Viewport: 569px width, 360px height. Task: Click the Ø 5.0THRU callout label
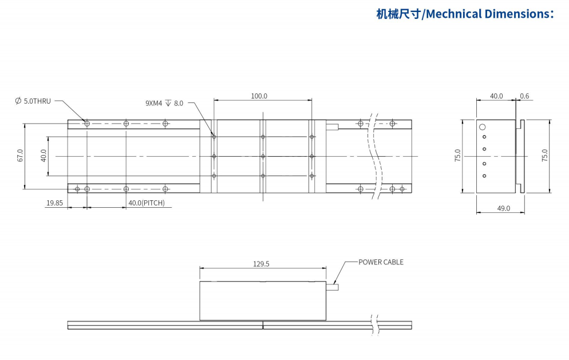point(33,101)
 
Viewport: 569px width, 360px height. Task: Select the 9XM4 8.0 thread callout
point(164,103)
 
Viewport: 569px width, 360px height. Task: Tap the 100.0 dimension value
point(259,96)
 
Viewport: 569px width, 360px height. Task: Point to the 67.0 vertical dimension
point(20,156)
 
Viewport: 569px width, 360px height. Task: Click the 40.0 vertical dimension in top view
point(44,156)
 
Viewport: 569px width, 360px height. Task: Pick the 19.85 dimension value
point(55,203)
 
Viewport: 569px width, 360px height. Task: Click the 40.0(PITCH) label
point(146,203)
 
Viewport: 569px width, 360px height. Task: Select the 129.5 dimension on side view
point(261,264)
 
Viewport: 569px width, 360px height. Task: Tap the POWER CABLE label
point(381,262)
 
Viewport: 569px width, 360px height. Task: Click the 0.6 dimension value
point(525,96)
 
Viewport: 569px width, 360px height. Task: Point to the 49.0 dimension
point(503,208)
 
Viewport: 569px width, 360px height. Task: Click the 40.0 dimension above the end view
point(496,96)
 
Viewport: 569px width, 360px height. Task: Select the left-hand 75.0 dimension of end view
point(458,156)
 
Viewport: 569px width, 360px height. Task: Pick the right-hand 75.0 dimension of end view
point(544,156)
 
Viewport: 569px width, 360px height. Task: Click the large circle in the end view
point(483,127)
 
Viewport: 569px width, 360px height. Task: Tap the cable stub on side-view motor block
point(336,287)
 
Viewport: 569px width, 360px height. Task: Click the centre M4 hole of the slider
point(263,156)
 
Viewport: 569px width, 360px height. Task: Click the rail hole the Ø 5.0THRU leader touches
point(86,123)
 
